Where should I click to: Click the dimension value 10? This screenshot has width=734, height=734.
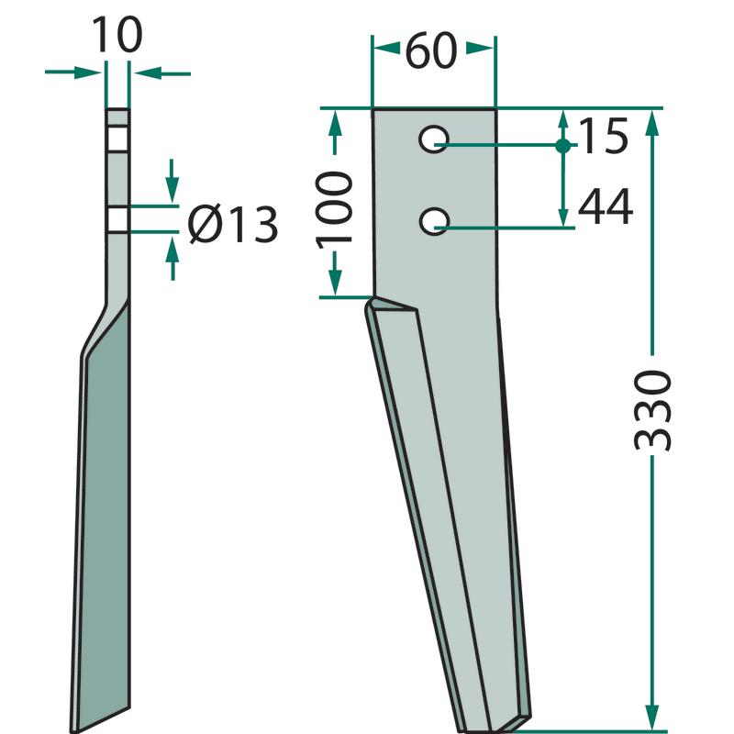pyautogui.click(x=117, y=35)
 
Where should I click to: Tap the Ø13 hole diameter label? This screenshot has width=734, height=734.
pyautogui.click(x=233, y=224)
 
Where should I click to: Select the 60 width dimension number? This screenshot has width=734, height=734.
pyautogui.click(x=430, y=50)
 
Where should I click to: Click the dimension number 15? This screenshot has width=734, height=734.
pyautogui.click(x=604, y=136)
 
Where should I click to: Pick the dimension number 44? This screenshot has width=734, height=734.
pyautogui.click(x=606, y=206)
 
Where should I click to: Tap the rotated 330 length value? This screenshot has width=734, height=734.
pyautogui.click(x=652, y=410)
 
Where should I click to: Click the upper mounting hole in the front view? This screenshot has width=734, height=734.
pyautogui.click(x=434, y=139)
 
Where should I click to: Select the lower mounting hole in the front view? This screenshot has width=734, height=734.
pyautogui.click(x=434, y=221)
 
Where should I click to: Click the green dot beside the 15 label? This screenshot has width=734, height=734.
pyautogui.click(x=563, y=146)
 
